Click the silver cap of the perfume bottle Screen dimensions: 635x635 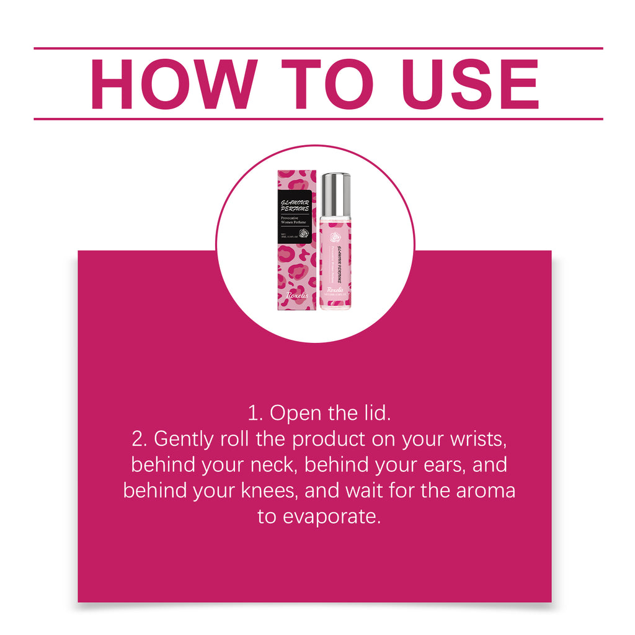tap(335, 194)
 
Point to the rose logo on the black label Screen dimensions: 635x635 tap(304, 234)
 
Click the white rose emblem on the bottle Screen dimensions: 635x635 tap(335, 237)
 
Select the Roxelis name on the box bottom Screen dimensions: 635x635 tap(296, 295)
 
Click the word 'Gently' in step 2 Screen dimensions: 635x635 tap(184, 439)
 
